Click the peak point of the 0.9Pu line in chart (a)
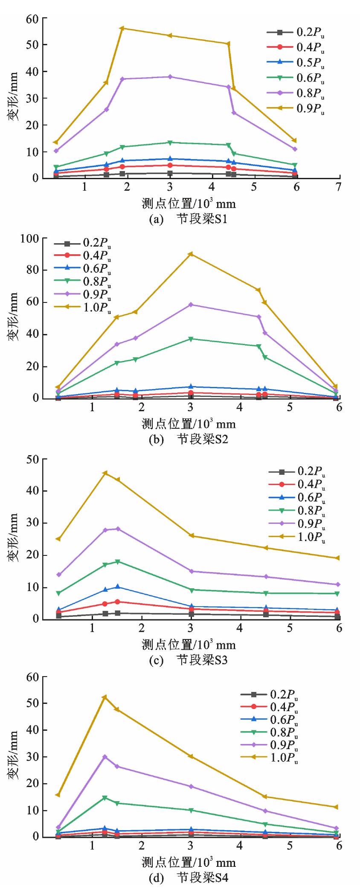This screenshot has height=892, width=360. pos(122,28)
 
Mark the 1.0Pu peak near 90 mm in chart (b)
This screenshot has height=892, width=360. pos(191,254)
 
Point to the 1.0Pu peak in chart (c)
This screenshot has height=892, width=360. pos(105,473)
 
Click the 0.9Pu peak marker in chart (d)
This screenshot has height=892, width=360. pos(105,756)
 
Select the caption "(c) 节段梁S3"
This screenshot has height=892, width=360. pos(188,660)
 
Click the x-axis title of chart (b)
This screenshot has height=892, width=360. pos(188,424)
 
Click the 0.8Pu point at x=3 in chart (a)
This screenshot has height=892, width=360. pos(170,77)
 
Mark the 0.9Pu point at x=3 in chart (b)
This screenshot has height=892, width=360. pos(191,305)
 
